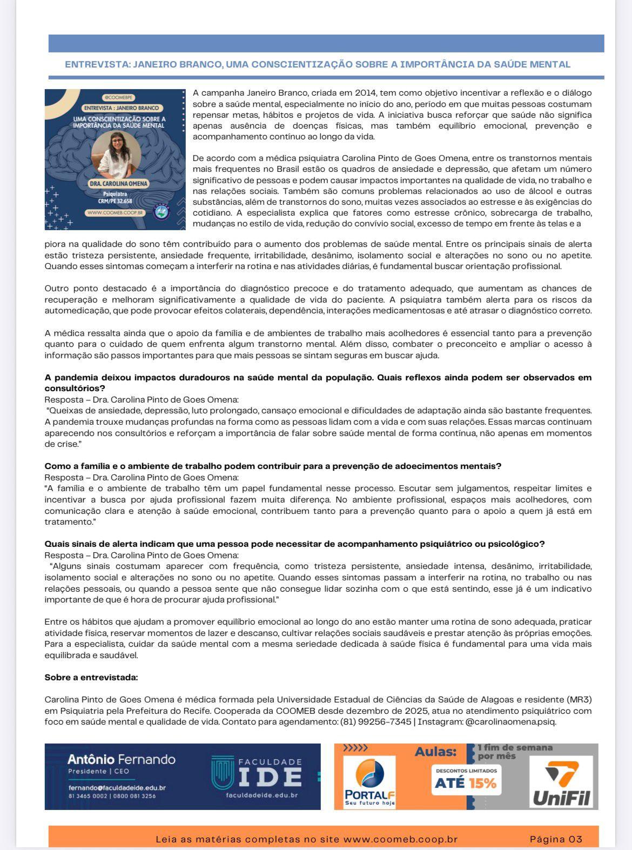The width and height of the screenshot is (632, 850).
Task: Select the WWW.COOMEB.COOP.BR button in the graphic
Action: pyautogui.click(x=116, y=213)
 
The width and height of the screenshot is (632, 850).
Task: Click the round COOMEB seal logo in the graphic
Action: pyautogui.click(x=163, y=212)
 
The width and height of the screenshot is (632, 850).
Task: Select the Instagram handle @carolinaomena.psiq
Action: pyautogui.click(x=510, y=721)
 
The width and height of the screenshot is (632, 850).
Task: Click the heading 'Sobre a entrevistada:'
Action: pyautogui.click(x=91, y=677)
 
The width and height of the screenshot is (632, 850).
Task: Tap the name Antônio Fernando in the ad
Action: pyautogui.click(x=121, y=759)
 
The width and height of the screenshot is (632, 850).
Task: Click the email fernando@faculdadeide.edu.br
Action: pyautogui.click(x=117, y=787)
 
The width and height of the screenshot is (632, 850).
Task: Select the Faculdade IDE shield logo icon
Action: pyautogui.click(x=222, y=773)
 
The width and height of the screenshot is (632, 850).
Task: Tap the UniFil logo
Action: pyautogui.click(x=562, y=782)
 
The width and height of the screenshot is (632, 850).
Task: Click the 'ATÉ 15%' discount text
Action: pyautogui.click(x=465, y=783)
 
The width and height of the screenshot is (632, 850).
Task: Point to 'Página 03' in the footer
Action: pyautogui.click(x=556, y=839)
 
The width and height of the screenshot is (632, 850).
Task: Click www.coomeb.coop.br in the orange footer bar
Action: pyautogui.click(x=400, y=839)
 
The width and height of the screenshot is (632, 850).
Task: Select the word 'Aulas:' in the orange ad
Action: pyautogui.click(x=435, y=752)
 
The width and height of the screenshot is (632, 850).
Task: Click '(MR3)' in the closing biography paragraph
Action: pyautogui.click(x=579, y=699)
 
